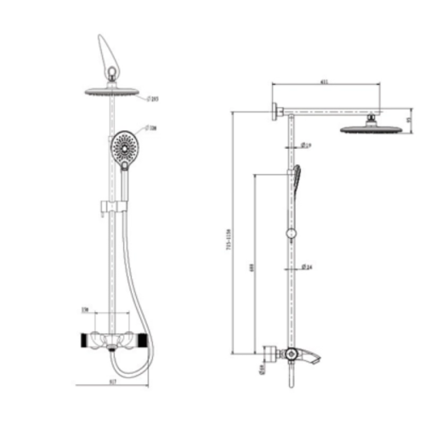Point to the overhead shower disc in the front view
tap(113, 91)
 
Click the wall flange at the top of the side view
tap(277, 111)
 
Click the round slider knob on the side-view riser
tap(292, 233)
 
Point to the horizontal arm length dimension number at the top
tap(325, 82)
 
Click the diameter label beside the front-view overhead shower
tap(154, 99)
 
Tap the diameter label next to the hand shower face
tap(150, 128)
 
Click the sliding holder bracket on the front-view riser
tap(107, 208)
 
